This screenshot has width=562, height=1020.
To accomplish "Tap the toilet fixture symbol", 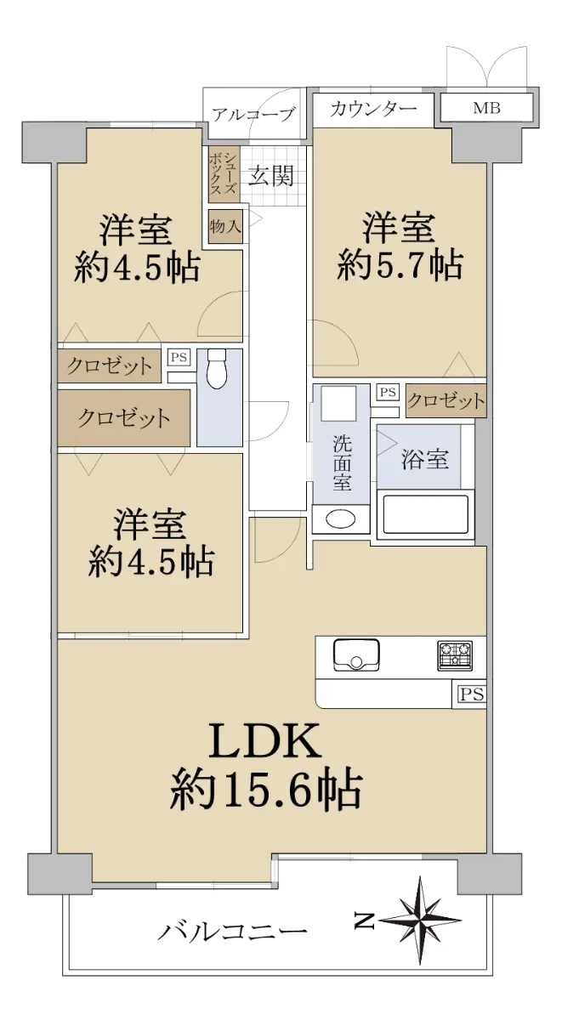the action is pyautogui.click(x=217, y=369).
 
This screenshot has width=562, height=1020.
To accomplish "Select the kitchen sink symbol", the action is pyautogui.click(x=356, y=654).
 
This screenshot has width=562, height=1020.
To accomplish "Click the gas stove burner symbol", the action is pyautogui.click(x=455, y=655).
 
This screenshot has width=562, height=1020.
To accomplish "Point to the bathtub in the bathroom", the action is pyautogui.click(x=425, y=514).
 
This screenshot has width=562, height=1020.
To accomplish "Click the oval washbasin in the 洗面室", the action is pyautogui.click(x=341, y=518).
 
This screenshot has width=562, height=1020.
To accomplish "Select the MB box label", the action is pyautogui.click(x=486, y=109).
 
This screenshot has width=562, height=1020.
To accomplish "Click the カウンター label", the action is pyautogui.click(x=373, y=109).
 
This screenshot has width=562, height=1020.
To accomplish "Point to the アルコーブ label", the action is pyautogui.click(x=253, y=114).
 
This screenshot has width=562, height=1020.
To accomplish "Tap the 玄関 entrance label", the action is pyautogui.click(x=270, y=175).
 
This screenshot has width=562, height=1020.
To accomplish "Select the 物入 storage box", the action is pyautogui.click(x=225, y=226).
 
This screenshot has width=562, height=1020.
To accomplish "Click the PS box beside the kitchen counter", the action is pyautogui.click(x=471, y=694).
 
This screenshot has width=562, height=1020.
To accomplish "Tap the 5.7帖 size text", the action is pyautogui.click(x=400, y=265).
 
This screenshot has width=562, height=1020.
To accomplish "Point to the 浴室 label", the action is pyautogui.click(x=425, y=459).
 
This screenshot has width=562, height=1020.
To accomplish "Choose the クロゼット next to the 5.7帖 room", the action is pyautogui.click(x=446, y=400).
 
